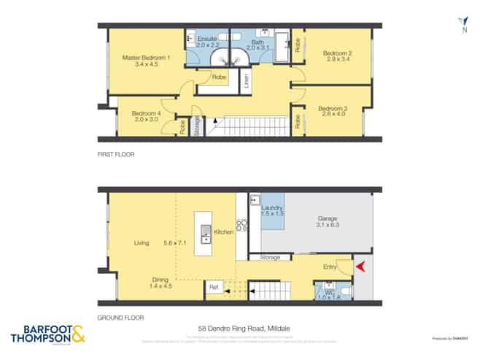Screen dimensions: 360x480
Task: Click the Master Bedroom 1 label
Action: click(x=147, y=58)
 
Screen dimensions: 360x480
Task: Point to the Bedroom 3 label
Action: click(x=333, y=109)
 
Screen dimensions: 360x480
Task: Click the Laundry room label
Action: click(x=272, y=210)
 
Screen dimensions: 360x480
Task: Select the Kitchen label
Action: click(x=224, y=232)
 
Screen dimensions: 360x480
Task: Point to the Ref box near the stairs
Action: click(x=214, y=288)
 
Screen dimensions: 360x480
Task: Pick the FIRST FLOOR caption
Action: click(x=117, y=155)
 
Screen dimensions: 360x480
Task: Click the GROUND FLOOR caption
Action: click(x=121, y=318)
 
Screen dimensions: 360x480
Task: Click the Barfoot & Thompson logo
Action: click(x=48, y=334)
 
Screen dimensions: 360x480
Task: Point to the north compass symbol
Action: click(x=463, y=24)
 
